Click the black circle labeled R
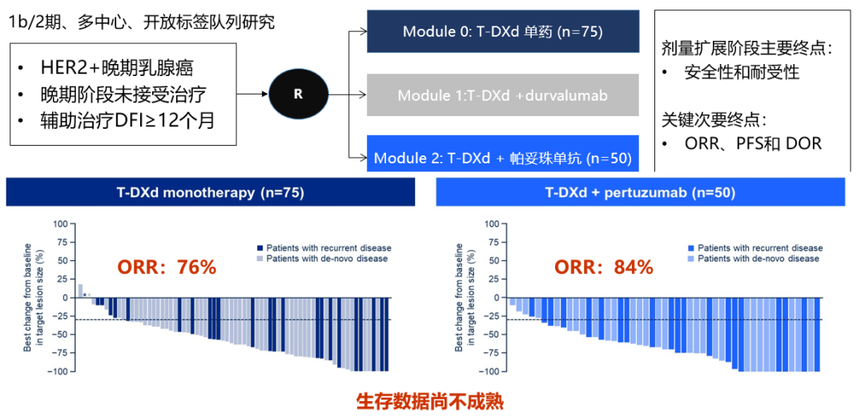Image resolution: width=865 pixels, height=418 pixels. tap(298, 94)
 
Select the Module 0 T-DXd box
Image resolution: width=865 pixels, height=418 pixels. tap(502, 32)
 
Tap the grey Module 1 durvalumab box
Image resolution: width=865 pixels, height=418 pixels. tap(502, 95)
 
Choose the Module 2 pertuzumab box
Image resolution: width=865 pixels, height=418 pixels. tap(502, 158)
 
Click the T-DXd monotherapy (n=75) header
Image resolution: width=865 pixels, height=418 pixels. tap(210, 192)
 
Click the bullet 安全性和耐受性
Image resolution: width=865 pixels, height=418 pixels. tap(742, 73)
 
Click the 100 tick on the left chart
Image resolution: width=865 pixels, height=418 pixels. tap(61, 223)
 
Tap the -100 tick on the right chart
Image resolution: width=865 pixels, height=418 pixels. tap(489, 372)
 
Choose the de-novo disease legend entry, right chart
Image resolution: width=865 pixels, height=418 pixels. tap(753, 259)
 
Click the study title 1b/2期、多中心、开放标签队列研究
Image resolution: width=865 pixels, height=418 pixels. tap(142, 22)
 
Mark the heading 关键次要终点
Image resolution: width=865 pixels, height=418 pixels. tap(713, 120)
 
